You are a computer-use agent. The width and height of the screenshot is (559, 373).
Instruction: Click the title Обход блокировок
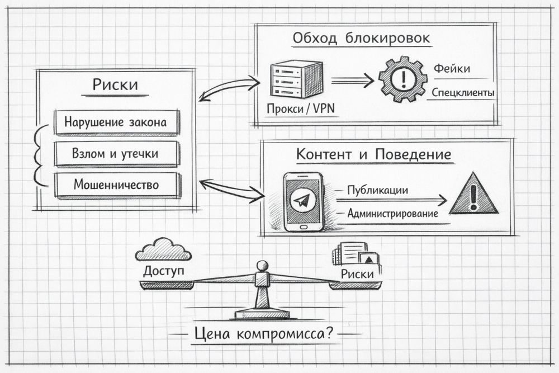(x=362, y=39)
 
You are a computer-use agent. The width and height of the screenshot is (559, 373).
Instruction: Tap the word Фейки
(x=452, y=69)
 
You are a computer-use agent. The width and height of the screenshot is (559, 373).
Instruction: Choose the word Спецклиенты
(x=462, y=92)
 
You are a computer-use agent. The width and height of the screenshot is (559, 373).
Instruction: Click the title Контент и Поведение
(x=373, y=154)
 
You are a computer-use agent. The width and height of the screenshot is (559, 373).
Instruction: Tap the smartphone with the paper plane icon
(x=302, y=201)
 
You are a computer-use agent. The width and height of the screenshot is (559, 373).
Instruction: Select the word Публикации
(x=377, y=190)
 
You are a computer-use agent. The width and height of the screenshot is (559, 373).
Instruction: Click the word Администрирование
(x=392, y=213)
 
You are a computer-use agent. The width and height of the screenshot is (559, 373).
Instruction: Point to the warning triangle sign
(x=473, y=195)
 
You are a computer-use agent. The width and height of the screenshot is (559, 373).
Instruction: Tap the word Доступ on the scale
(x=163, y=272)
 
